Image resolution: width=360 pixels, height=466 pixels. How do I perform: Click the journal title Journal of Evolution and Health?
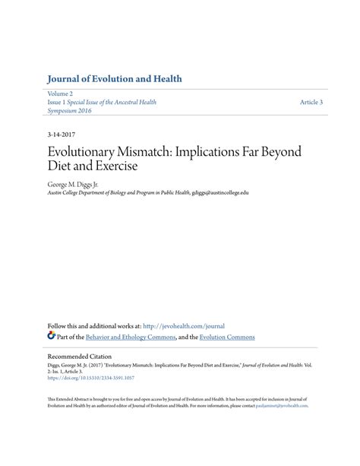114,79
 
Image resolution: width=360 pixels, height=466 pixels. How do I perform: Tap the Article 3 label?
311,101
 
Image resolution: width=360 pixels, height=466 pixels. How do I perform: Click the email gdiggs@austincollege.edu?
220,193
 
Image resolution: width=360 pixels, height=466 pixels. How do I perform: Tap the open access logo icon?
52,335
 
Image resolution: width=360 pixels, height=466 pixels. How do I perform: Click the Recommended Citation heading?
79,356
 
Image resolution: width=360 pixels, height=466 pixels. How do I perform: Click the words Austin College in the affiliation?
64,193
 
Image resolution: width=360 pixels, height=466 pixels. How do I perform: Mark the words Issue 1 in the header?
58,101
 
